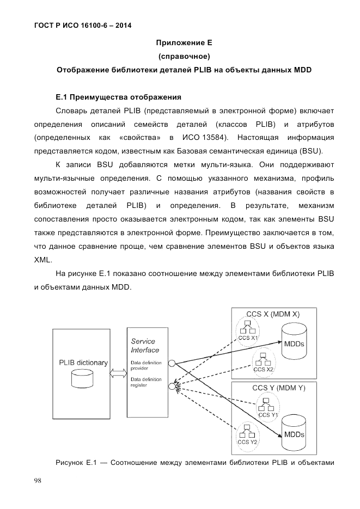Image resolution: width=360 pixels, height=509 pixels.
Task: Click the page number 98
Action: click(38, 481)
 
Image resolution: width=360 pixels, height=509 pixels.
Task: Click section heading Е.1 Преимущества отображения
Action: click(118, 98)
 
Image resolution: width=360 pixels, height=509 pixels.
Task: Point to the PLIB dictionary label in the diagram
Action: click(83, 363)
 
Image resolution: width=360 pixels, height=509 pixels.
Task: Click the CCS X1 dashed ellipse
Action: click(247, 330)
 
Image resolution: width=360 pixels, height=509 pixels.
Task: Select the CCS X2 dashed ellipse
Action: click(263, 361)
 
